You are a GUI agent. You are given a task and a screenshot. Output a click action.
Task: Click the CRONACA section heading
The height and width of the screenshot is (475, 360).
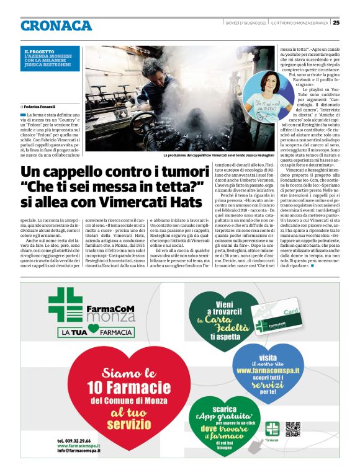(56, 25)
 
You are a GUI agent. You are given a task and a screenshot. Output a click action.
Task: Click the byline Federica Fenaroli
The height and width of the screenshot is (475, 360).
(40, 107)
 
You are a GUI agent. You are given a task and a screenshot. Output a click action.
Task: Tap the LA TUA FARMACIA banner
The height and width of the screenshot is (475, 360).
(88, 333)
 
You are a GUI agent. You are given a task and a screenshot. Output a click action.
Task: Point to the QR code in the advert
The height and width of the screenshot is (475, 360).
(293, 428)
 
